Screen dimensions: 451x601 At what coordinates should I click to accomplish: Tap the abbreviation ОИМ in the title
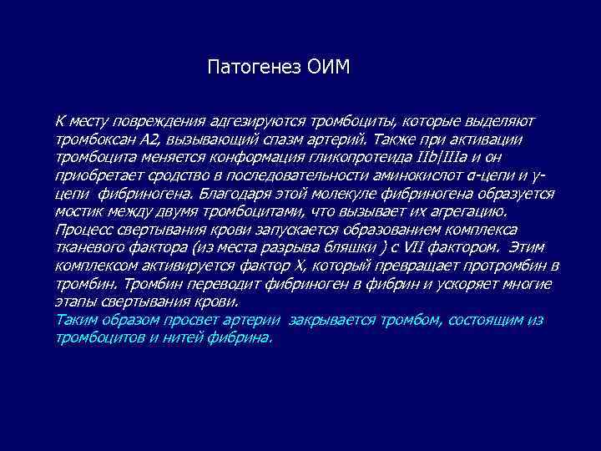(x=328, y=66)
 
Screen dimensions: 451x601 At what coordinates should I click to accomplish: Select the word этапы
(x=74, y=302)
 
